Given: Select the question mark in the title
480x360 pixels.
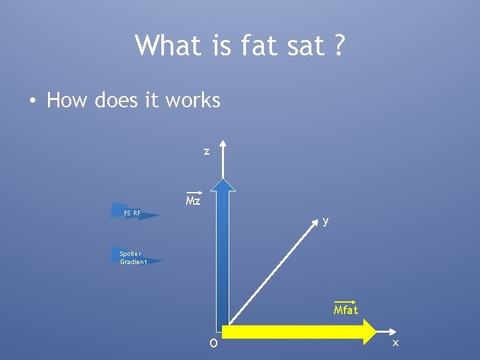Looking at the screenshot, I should (x=339, y=46).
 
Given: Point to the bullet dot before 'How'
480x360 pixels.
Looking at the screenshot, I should (x=31, y=101).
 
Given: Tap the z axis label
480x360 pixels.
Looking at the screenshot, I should (x=207, y=152).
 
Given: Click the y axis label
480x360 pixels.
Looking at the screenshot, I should (x=325, y=221).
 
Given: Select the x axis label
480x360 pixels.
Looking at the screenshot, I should (x=395, y=343).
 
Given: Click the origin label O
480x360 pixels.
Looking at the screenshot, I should (x=213, y=344).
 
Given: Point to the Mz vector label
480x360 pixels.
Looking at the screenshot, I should (x=193, y=201).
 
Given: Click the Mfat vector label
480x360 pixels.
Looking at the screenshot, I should (x=346, y=309).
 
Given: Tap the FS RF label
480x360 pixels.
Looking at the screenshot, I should (x=132, y=213).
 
